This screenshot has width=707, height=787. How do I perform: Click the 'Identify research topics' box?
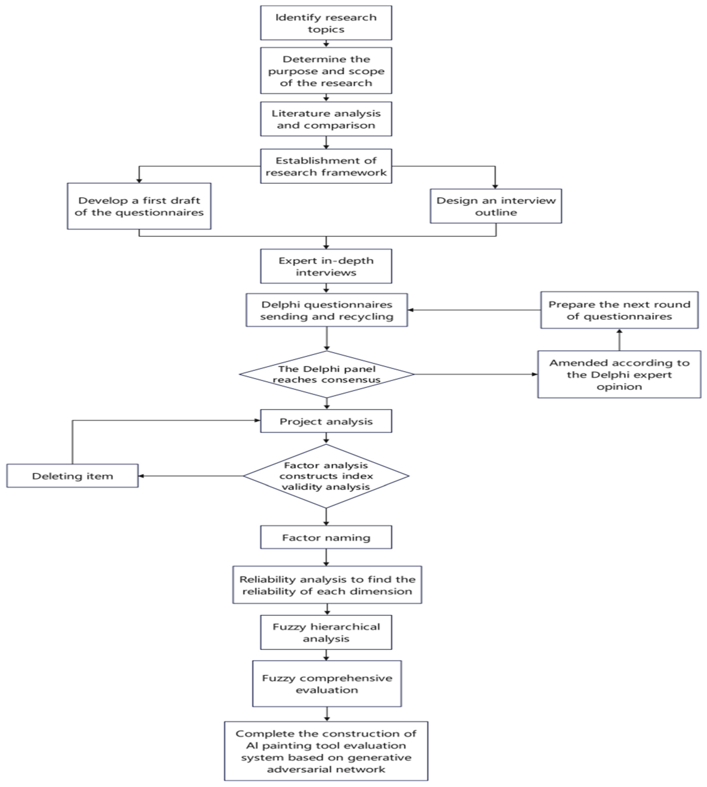click(326, 23)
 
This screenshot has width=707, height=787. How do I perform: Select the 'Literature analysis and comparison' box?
click(326, 119)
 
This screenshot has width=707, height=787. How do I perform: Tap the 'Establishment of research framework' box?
click(326, 166)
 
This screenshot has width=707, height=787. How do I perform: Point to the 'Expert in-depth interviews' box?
click(326, 266)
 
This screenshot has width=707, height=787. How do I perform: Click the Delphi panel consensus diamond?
click(326, 374)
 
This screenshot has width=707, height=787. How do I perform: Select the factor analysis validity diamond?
click(326, 476)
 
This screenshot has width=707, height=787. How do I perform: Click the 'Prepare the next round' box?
click(619, 310)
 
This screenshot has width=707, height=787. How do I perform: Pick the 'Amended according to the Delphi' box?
click(619, 374)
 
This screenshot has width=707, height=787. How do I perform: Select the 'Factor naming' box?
click(326, 538)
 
